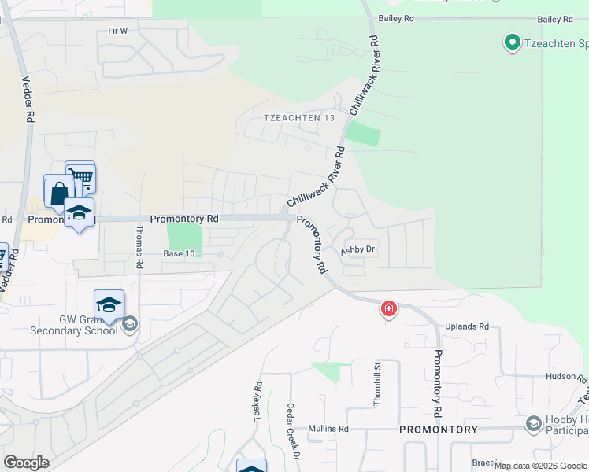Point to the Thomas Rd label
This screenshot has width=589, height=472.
coord(139,247)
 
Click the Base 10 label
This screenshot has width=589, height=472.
coord(178,253)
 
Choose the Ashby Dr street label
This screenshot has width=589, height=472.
coord(360,250)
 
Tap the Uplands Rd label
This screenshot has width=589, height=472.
coord(467,326)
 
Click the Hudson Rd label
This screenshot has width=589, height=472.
coord(566,377)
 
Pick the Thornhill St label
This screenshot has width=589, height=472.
coord(377,384)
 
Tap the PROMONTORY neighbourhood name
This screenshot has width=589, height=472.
coord(438,430)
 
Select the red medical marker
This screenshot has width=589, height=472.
coord(389,309)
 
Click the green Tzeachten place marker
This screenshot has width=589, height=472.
coord(512,42)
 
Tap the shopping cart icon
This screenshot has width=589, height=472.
coord(80,176)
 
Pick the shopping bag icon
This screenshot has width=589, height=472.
coord(59,191)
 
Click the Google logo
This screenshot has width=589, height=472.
coord(26,463)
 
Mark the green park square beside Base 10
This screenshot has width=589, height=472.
coord(184,238)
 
